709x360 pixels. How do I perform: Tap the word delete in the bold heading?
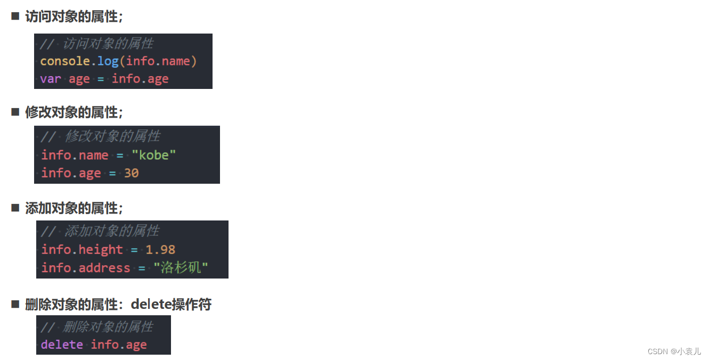(x=150, y=305)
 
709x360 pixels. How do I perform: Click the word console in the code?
(x=65, y=61)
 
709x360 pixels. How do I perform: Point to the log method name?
(x=108, y=61)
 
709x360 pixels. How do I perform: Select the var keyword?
(x=51, y=79)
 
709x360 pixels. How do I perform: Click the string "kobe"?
(x=154, y=156)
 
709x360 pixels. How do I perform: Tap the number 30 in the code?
(x=132, y=174)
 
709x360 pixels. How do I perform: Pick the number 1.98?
(x=160, y=250)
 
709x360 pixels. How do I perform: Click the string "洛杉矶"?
(x=181, y=268)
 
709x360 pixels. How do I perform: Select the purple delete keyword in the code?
(x=62, y=345)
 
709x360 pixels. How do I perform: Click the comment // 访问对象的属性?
(x=97, y=44)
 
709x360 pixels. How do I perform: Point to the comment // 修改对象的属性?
(x=101, y=136)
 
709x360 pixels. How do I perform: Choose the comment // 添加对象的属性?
(x=101, y=231)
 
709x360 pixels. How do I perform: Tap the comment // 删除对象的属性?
(x=97, y=326)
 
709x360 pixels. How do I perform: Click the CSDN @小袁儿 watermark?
(x=674, y=351)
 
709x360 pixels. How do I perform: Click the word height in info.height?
(x=101, y=250)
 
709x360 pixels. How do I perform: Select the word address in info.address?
(x=104, y=268)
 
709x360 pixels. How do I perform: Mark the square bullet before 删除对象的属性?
(x=15, y=304)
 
